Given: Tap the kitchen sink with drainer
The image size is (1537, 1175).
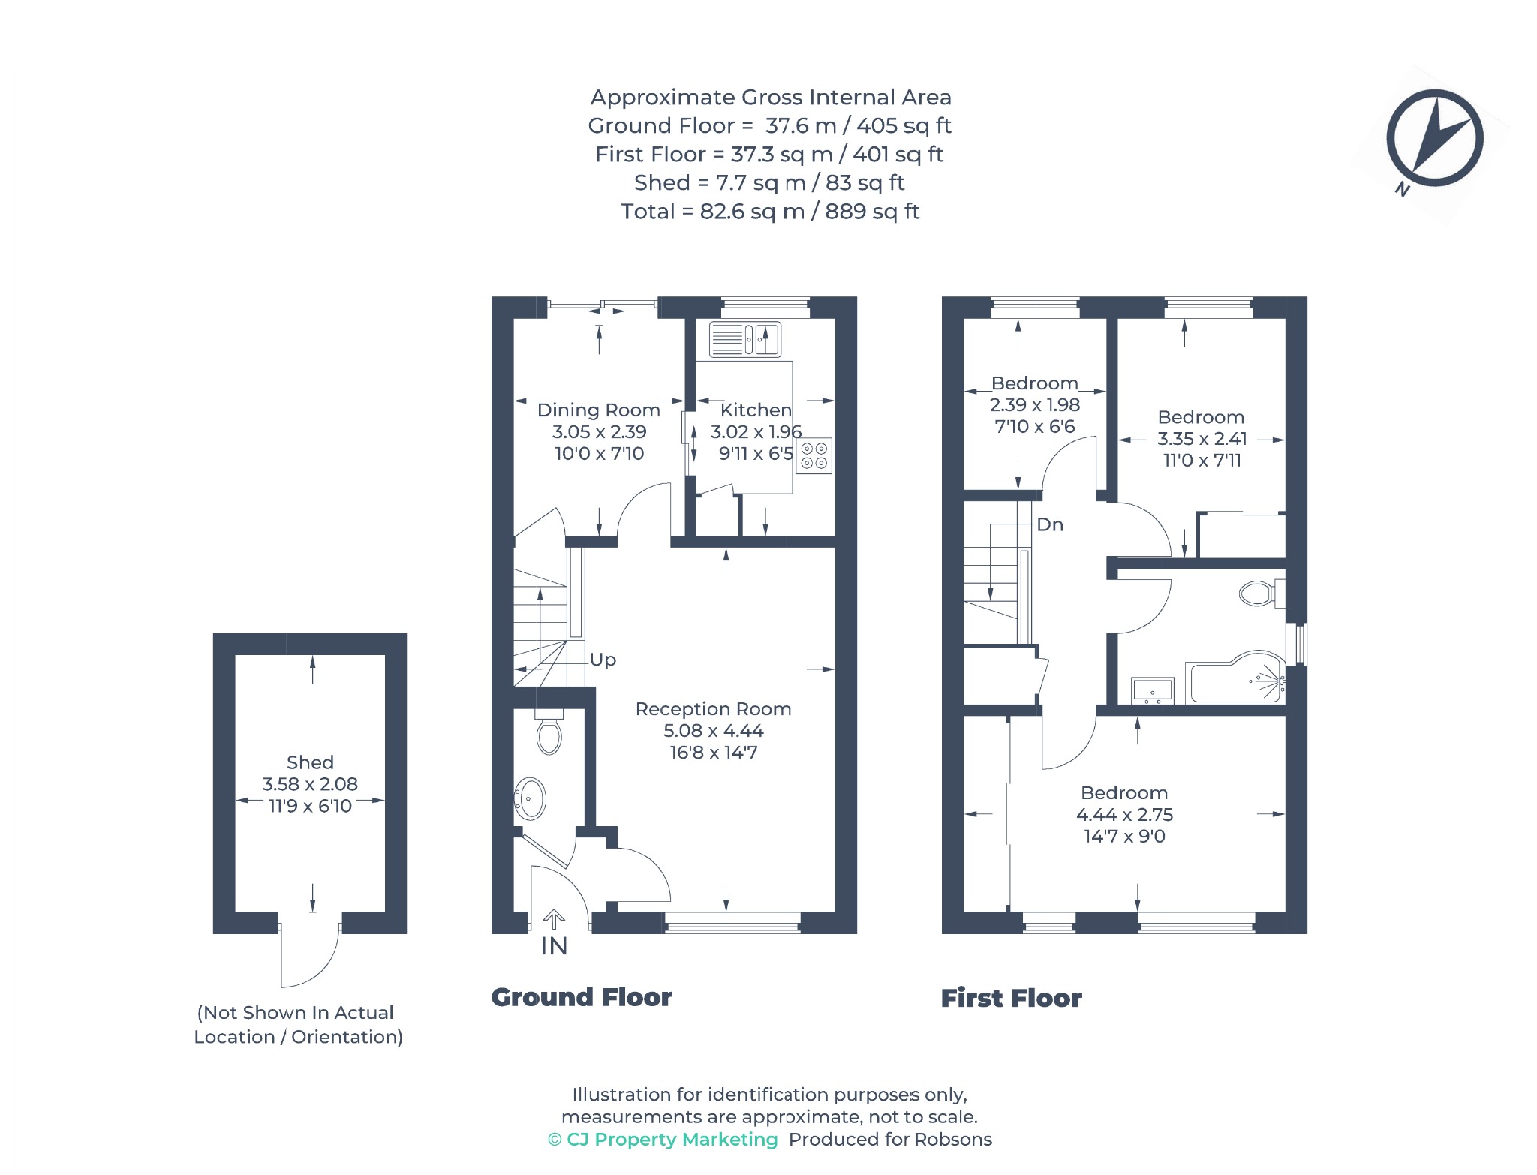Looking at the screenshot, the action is (x=745, y=339).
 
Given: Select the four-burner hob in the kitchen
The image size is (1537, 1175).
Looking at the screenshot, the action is (x=814, y=456).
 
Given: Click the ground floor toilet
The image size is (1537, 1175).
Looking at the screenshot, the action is (x=549, y=732).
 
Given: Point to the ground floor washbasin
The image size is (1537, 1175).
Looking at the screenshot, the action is (x=531, y=799).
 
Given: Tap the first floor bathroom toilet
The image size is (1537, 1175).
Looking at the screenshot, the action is (x=1262, y=594).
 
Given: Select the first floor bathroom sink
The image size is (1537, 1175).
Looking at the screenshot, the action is (x=1152, y=690).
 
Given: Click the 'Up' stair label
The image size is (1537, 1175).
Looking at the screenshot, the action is (x=603, y=660).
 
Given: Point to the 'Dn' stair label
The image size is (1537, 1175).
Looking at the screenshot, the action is (x=1050, y=524).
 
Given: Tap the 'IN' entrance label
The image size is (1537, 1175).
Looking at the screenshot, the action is (x=554, y=947).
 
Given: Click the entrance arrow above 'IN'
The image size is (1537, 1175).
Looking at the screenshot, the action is (x=554, y=919).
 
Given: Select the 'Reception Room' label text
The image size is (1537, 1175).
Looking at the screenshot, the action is (x=713, y=709).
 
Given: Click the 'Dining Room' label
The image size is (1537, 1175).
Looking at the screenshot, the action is (x=599, y=410).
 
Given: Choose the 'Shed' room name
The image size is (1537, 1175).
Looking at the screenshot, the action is (x=310, y=762).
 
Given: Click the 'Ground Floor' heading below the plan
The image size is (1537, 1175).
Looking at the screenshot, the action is (x=582, y=997).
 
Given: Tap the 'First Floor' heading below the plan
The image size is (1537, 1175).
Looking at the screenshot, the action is (x=1012, y=998).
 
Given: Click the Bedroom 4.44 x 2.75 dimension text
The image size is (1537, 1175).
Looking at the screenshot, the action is (x=1124, y=815).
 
